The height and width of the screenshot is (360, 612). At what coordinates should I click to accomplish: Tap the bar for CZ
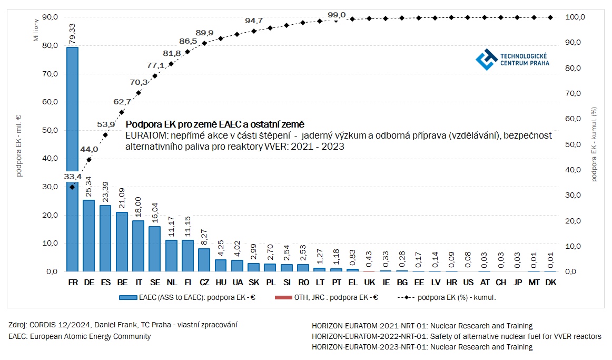click(204, 260)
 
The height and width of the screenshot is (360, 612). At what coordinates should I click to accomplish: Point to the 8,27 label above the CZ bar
click(203, 238)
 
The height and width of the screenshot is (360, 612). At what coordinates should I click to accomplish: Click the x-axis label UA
click(237, 283)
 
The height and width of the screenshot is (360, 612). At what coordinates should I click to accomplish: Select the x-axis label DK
click(550, 283)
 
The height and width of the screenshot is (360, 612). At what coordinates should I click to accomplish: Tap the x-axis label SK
click(253, 283)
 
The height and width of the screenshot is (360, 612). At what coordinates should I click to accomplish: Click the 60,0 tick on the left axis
click(50, 102)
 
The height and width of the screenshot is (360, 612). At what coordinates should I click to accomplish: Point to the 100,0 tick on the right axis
click(575, 17)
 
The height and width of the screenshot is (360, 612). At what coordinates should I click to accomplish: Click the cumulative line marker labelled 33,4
click(72, 187)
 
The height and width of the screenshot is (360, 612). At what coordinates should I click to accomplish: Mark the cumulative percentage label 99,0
click(337, 15)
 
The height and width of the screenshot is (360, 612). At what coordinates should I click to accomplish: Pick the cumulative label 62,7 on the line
click(122, 102)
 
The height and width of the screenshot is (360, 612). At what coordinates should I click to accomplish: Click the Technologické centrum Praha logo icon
click(486, 59)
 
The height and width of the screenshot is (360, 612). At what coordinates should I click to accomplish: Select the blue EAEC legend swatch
click(128, 297)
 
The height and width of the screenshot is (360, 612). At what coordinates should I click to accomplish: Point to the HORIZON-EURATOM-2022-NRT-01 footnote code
click(370, 336)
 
